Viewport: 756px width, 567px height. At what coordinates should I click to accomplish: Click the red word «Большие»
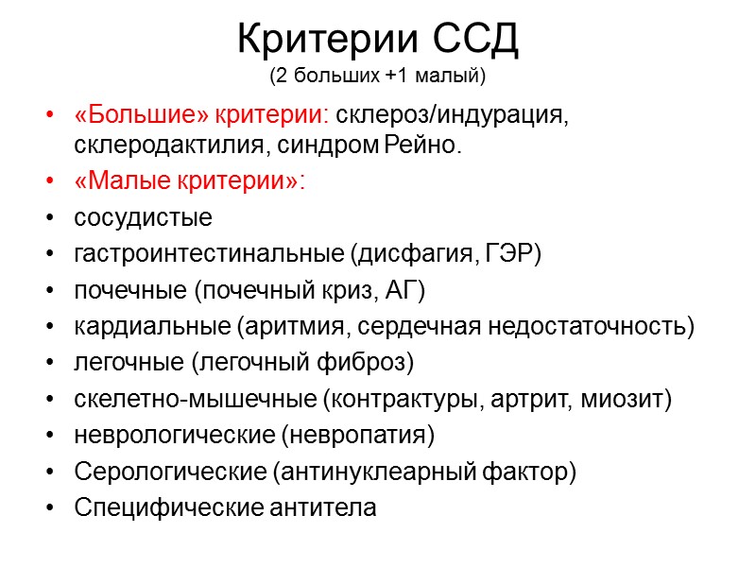(144, 116)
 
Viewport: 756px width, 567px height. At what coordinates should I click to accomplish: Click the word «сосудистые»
(143, 218)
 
